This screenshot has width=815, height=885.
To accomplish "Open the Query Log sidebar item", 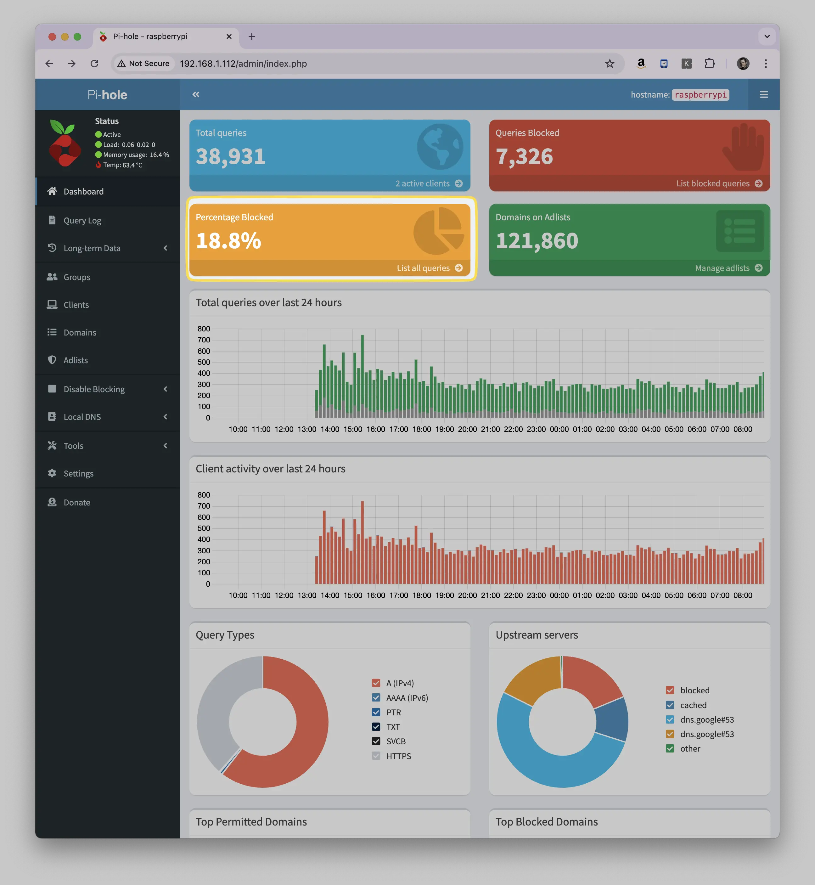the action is tap(82, 221).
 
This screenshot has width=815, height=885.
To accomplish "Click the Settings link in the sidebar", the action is tap(78, 473).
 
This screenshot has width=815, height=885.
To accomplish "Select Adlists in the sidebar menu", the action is tap(76, 360).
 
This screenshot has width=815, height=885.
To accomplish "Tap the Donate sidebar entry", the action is tap(77, 503).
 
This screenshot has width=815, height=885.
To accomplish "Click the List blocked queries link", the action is tap(719, 183).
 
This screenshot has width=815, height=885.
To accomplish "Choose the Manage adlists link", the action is tap(728, 268).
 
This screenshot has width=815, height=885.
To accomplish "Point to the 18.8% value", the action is tap(228, 241).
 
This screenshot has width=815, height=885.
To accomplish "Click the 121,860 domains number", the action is tap(537, 241).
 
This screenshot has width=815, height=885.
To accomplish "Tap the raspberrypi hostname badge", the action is tap(700, 95).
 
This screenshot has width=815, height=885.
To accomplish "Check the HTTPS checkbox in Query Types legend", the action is tap(376, 756).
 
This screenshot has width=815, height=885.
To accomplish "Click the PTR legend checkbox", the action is tap(376, 712).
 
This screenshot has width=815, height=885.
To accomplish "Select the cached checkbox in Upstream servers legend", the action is tap(670, 705).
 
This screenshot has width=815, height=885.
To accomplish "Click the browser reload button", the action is tap(94, 64).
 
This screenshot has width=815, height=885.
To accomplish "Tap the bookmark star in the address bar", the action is tap(610, 64).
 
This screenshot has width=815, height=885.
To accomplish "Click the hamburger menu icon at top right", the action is tap(764, 95).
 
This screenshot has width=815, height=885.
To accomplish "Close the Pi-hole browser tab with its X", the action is tap(229, 37).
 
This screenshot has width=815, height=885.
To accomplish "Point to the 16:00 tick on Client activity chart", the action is tap(376, 595).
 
